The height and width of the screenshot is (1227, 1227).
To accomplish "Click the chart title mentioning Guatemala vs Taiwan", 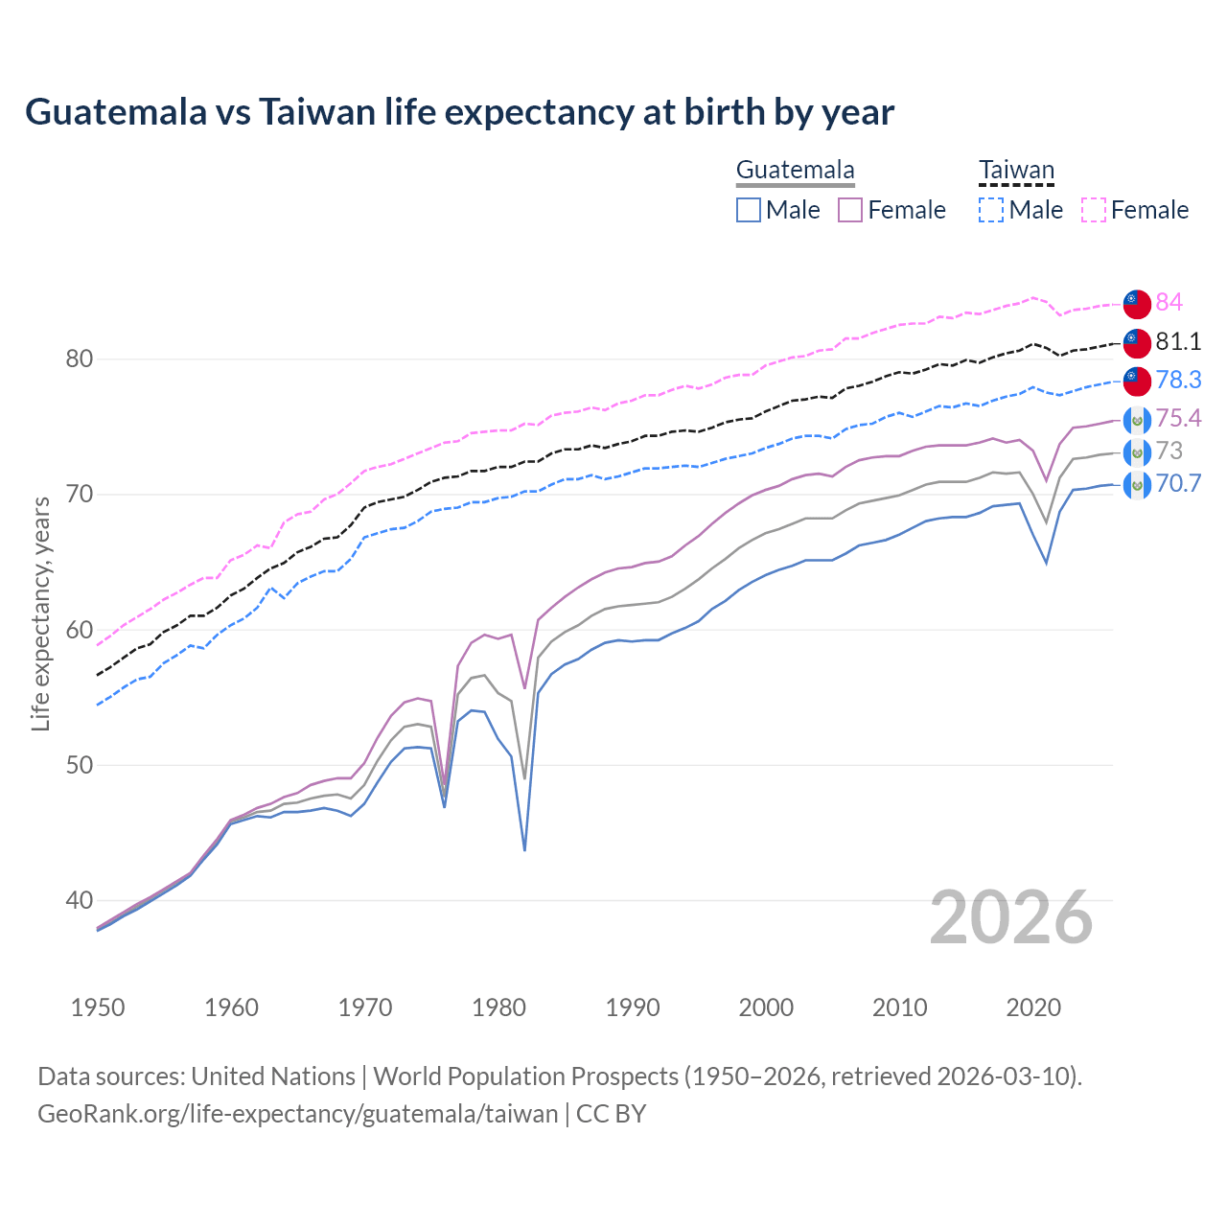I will click(x=459, y=112).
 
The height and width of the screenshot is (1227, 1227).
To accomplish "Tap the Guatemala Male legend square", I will click(x=749, y=210).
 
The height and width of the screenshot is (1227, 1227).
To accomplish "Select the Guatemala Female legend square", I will click(x=850, y=210).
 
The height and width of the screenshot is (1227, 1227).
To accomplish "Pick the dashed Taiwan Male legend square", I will click(x=991, y=210).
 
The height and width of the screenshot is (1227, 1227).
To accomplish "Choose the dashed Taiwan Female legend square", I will click(x=1094, y=210).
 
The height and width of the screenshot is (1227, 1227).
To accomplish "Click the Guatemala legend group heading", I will click(x=795, y=171).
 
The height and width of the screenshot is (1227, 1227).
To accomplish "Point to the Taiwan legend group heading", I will click(x=1016, y=171).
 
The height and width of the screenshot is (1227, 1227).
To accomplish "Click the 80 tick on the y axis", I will click(x=79, y=359).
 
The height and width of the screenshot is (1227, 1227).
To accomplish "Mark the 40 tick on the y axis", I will click(x=79, y=900).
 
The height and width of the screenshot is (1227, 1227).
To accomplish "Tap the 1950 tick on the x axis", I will click(x=98, y=1007).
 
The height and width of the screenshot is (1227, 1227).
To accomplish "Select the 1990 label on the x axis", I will click(x=633, y=1007).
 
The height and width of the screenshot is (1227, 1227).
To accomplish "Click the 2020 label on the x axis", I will click(x=1033, y=1007).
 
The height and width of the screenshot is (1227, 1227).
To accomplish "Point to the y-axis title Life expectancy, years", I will click(x=40, y=613).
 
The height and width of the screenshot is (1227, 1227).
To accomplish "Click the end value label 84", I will click(x=1169, y=302).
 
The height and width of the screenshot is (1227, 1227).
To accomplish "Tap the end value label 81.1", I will click(x=1178, y=341).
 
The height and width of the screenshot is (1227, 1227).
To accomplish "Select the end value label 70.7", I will click(x=1178, y=483).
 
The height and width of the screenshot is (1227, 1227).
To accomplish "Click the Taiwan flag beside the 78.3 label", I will click(x=1137, y=381).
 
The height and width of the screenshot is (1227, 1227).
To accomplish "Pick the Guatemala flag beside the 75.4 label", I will click(x=1137, y=420).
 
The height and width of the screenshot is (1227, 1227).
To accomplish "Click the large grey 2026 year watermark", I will click(x=1011, y=918).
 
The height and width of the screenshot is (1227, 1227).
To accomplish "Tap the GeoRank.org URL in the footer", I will click(x=297, y=1114).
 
